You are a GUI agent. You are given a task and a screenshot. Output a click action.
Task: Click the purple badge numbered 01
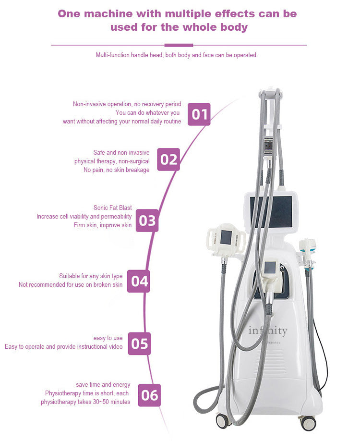click(x=199, y=114)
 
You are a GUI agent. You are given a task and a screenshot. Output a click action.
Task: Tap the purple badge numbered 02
click(x=168, y=159)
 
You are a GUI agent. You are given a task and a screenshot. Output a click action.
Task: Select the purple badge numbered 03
click(x=147, y=220)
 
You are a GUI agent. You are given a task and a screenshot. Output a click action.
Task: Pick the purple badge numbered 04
click(x=138, y=281)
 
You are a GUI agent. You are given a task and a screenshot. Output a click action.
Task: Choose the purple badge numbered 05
click(x=139, y=343)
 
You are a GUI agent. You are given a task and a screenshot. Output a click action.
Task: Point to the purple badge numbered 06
click(x=149, y=395)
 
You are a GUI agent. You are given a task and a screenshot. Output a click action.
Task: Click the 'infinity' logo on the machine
click(x=268, y=331)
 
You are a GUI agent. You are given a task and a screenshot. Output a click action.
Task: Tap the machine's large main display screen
click(x=273, y=212)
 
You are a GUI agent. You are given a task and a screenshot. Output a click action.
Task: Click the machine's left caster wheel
click(x=222, y=420)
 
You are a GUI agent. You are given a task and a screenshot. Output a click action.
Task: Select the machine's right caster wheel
click(x=308, y=423)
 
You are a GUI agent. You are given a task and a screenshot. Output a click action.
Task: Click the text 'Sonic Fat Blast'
click(x=112, y=208)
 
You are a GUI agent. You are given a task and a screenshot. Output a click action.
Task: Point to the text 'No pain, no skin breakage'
click(x=116, y=170)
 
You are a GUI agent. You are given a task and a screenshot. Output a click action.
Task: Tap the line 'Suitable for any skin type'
click(x=91, y=276)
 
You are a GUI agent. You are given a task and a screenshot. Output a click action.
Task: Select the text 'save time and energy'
click(x=103, y=385)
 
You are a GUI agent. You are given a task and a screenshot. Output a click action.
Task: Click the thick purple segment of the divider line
click(x=179, y=45)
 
